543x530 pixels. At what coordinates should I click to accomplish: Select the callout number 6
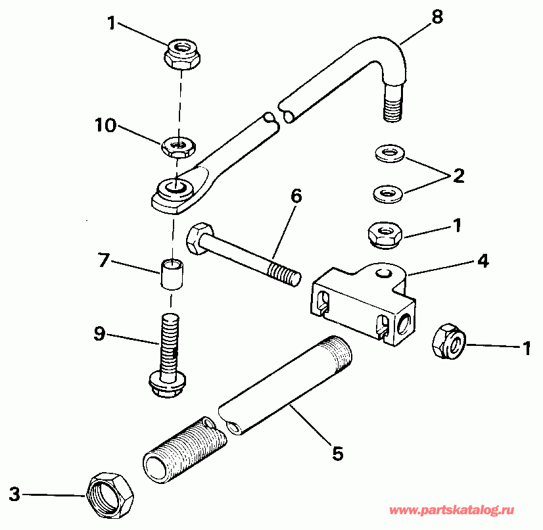point(296,197)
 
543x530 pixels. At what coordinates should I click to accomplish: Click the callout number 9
point(99,335)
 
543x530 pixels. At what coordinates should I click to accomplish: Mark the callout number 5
point(338,453)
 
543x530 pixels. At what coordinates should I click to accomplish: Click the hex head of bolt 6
point(199,238)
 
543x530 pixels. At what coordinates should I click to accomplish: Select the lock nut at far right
point(450,340)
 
